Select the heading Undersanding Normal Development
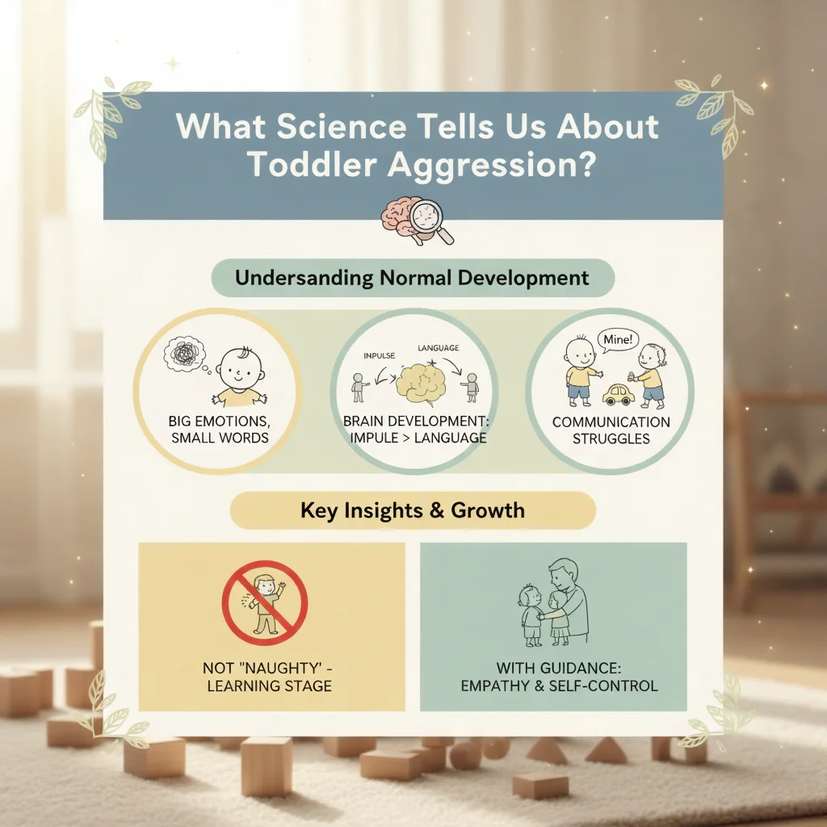412,279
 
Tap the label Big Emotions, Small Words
220,430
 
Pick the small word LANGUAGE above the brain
438,348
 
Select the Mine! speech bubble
615,340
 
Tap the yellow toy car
619,393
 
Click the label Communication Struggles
611,430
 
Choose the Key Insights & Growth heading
412,510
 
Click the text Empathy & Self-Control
559,686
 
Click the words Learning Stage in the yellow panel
269,686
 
